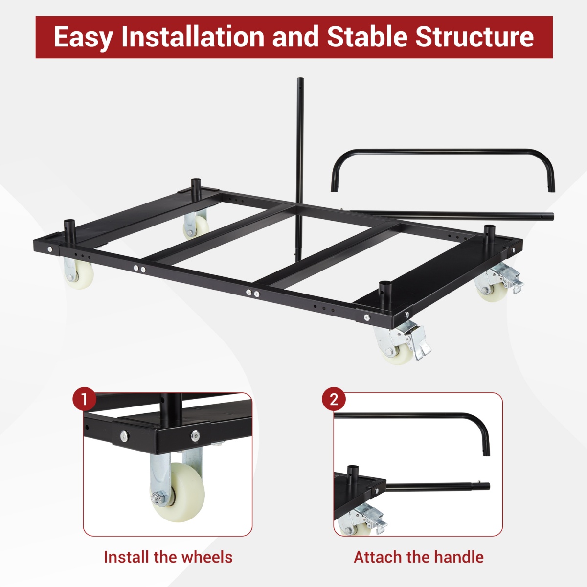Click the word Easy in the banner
pyautogui.click(x=84, y=37)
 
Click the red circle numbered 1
pyautogui.click(x=84, y=400)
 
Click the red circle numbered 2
pyautogui.click(x=334, y=400)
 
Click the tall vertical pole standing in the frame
pyautogui.click(x=299, y=161)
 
